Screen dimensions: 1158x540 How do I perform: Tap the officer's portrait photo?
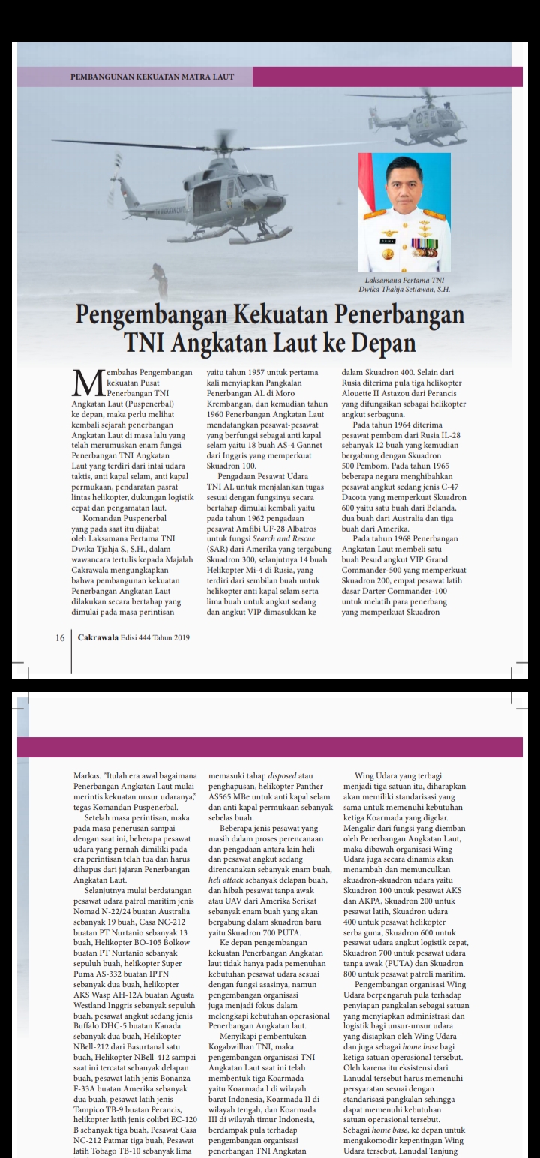404,212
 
